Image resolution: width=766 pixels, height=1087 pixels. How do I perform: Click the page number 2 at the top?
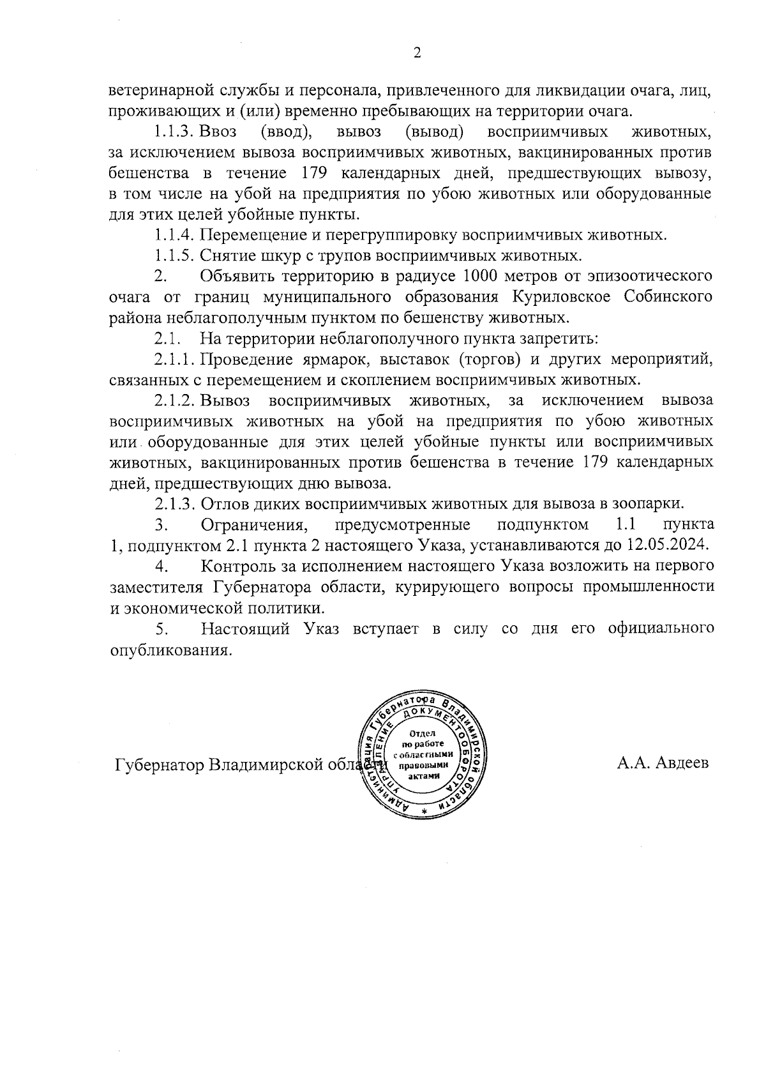(x=417, y=54)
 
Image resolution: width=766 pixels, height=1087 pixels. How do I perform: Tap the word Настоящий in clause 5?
(x=243, y=628)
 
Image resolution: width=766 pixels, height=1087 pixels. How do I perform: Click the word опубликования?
(x=169, y=650)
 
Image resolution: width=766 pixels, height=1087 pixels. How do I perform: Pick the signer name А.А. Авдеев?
(x=663, y=763)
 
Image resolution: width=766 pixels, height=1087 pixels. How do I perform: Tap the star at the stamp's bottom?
(x=423, y=810)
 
